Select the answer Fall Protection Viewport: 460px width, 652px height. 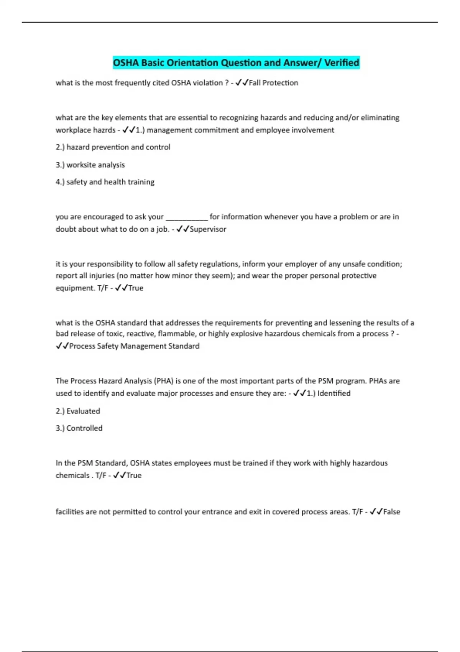coord(273,83)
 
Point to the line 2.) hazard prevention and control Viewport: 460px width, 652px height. coord(113,147)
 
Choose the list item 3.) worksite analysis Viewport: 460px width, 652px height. coord(90,165)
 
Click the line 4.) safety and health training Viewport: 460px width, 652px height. coord(105,182)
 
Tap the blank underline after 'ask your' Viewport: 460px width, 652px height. coord(186,217)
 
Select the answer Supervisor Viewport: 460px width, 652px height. coord(208,229)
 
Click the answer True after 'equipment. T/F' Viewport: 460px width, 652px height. coord(136,288)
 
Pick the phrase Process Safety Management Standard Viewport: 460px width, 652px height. coord(134,346)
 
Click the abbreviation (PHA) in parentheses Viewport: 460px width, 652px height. coord(164,381)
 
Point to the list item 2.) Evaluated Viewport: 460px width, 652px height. coord(78,411)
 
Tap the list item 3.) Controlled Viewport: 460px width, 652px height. coord(79,428)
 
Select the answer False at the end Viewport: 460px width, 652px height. coord(391,512)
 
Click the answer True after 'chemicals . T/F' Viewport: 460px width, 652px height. coord(134,476)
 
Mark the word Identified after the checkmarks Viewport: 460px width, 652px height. coord(333,394)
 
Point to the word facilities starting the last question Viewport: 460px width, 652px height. coord(69,512)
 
